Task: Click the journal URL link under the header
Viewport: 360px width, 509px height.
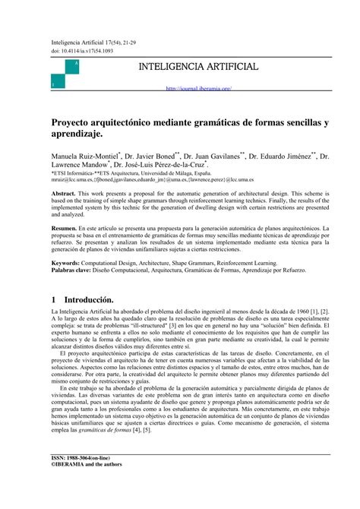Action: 198,88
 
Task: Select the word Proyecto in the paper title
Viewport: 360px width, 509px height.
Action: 74,122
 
